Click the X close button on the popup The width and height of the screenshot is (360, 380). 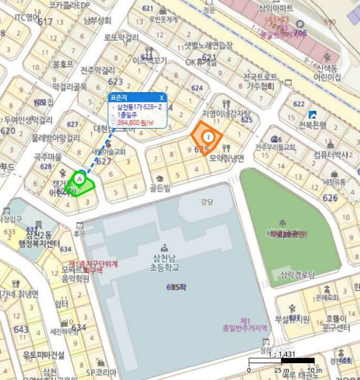point(161,98)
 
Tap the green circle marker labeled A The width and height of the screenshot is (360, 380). point(80,178)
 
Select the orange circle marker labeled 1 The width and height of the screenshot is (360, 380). point(207,137)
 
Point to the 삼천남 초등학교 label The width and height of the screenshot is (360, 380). point(166,264)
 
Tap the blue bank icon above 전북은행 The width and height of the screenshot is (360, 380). point(312,115)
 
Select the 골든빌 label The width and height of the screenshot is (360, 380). point(160,188)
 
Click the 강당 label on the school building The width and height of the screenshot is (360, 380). point(207,202)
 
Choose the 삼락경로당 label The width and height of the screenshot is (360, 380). point(297,274)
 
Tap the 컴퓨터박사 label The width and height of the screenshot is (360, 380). point(331,154)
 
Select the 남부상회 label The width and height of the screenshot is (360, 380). point(97,21)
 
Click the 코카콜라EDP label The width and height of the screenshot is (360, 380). point(69,5)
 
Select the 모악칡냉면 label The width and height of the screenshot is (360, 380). point(226,158)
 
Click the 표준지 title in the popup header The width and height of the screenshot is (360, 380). point(117,98)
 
